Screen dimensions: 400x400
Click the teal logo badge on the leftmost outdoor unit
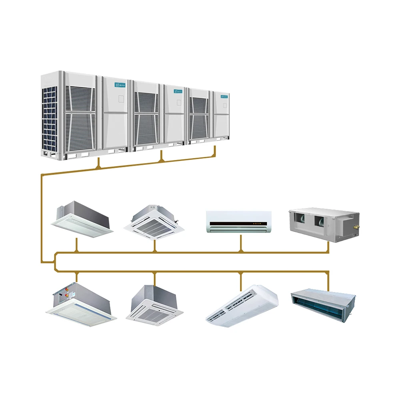click(120, 85)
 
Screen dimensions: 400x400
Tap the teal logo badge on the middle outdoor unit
click(178, 91)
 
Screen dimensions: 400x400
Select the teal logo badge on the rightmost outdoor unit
click(223, 96)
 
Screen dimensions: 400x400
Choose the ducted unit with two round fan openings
click(323, 224)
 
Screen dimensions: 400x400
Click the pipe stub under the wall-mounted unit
click(240, 243)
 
